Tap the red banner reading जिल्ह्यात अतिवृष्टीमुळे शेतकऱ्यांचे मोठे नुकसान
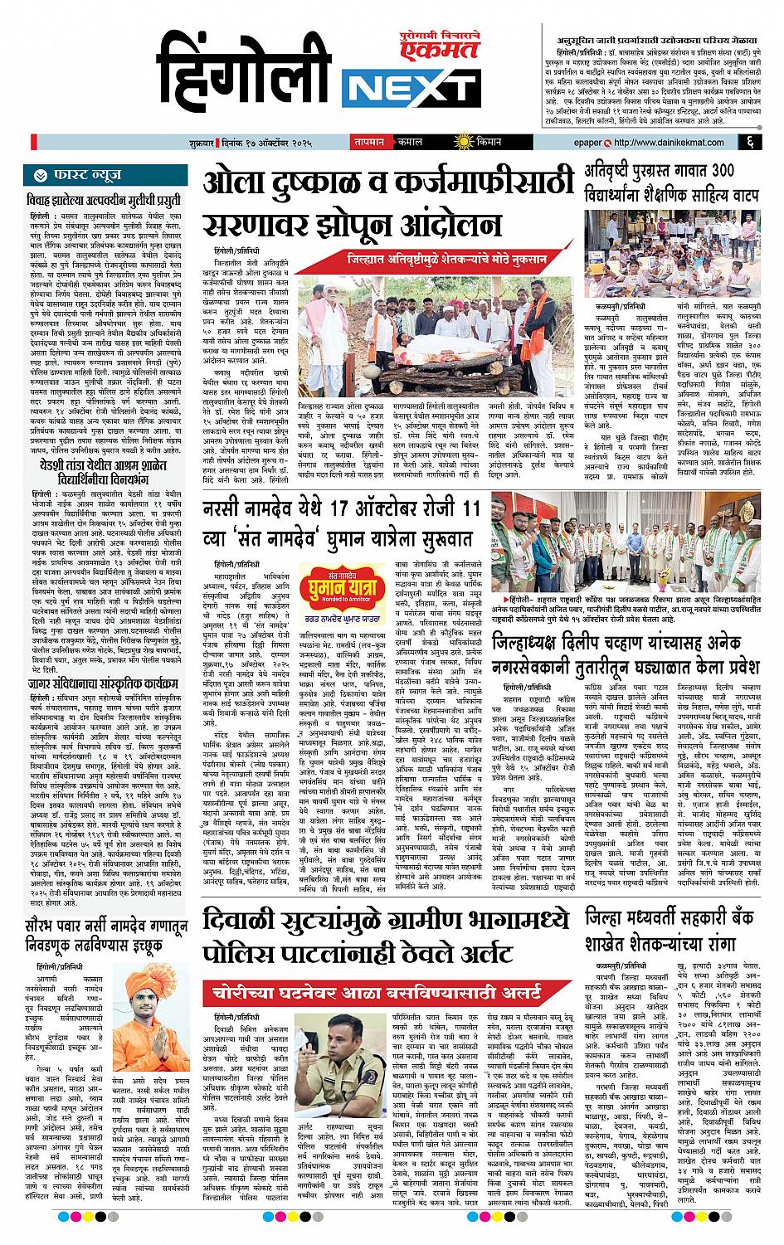(447, 260)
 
